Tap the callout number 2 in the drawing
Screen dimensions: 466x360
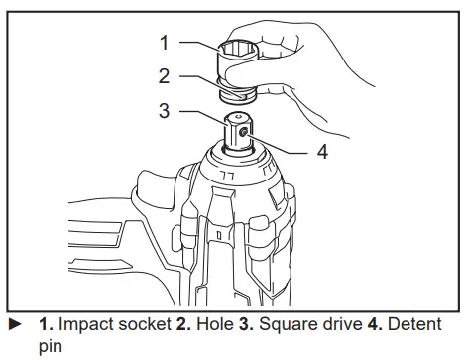pyautogui.click(x=166, y=74)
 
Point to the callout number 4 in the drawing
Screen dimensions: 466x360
pyautogui.click(x=321, y=152)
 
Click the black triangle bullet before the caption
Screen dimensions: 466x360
pyautogui.click(x=13, y=324)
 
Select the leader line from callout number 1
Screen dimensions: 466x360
pyautogui.click(x=198, y=44)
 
